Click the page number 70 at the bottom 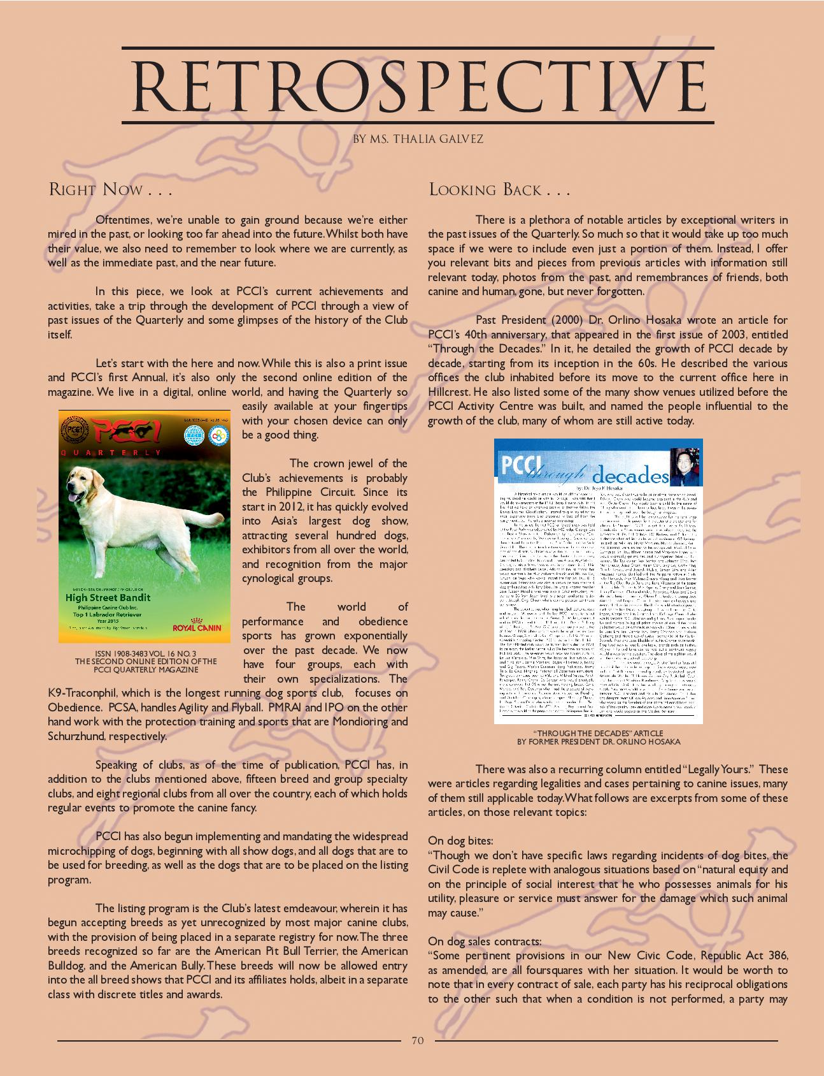417,1040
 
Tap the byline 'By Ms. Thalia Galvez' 418,139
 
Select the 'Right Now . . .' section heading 110,190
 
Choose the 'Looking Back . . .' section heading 499,190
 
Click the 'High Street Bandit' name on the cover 108,597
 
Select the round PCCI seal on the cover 75,430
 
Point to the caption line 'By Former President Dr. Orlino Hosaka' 599,741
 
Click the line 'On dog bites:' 460,841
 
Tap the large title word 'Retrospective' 418,86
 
